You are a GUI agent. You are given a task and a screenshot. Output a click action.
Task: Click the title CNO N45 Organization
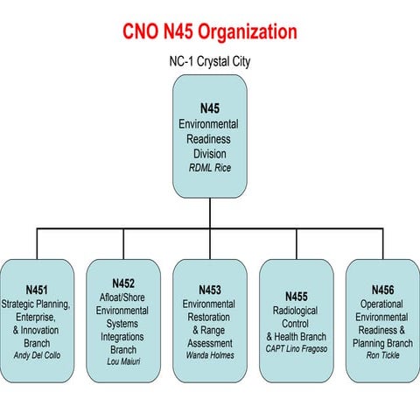pos(209,31)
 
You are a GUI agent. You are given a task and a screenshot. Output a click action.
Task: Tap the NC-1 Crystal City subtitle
pos(209,62)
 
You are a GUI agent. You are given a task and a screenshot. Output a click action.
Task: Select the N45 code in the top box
pos(209,108)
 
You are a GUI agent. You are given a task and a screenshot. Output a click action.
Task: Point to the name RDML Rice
pos(209,168)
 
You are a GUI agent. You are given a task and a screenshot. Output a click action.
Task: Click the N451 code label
pos(37,290)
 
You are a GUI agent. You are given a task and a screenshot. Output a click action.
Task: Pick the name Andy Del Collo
pos(37,355)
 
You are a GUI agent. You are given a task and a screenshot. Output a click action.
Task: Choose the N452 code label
pos(123,283)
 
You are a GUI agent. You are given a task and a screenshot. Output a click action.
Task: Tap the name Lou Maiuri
pos(123,361)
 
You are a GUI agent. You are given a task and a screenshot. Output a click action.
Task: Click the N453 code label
pos(209,290)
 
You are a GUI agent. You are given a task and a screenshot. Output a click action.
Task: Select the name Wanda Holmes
pos(209,355)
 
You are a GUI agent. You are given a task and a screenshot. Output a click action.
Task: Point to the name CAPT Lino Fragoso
pos(296,348)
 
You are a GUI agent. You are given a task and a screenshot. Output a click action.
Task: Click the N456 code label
pos(382,290)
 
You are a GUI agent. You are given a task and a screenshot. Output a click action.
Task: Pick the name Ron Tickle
pos(382,355)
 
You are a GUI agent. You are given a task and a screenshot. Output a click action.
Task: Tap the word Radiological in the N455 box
pos(296,310)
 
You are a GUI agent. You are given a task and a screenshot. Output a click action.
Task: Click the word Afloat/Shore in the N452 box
pos(123,297)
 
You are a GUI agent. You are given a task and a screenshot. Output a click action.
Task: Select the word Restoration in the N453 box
pos(209,316)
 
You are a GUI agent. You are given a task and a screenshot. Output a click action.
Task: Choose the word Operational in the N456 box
pos(382,303)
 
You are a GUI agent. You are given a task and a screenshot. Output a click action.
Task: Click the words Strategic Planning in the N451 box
pos(37,303)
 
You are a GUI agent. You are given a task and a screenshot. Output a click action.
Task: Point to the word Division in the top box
pos(209,154)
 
